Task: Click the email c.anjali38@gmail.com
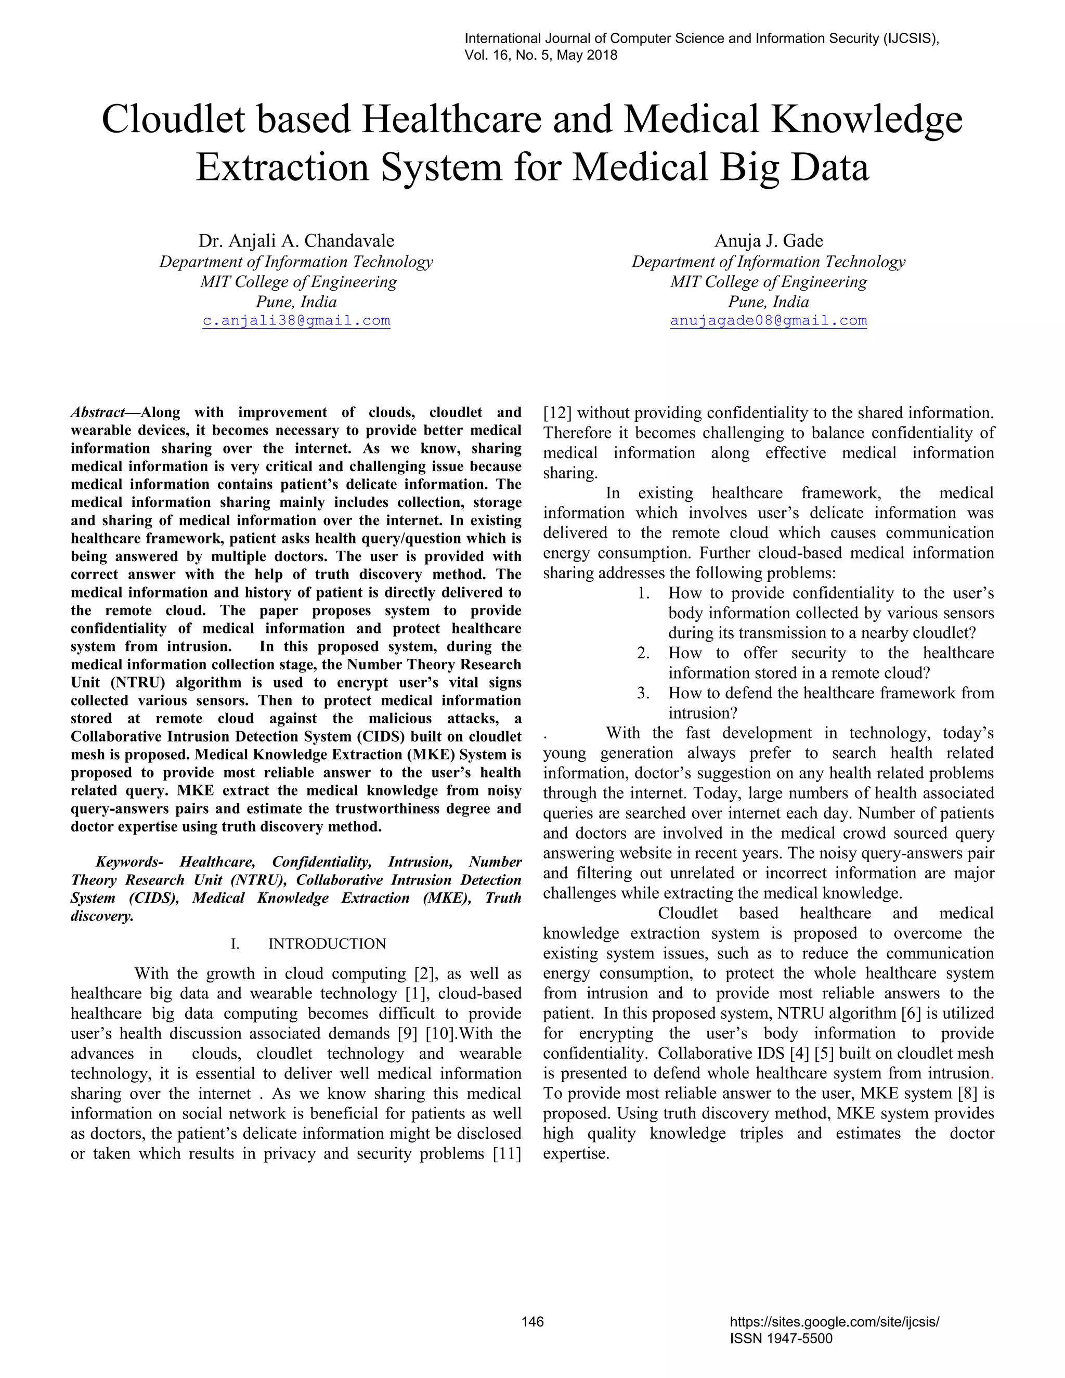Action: (x=296, y=320)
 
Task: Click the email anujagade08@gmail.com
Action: (x=768, y=320)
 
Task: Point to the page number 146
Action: (x=532, y=1321)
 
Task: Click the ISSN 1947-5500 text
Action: (x=781, y=1338)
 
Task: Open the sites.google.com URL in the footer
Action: (x=834, y=1321)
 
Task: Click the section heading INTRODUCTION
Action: (x=327, y=944)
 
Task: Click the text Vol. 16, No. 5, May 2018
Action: (x=541, y=55)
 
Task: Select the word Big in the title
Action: (x=745, y=168)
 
